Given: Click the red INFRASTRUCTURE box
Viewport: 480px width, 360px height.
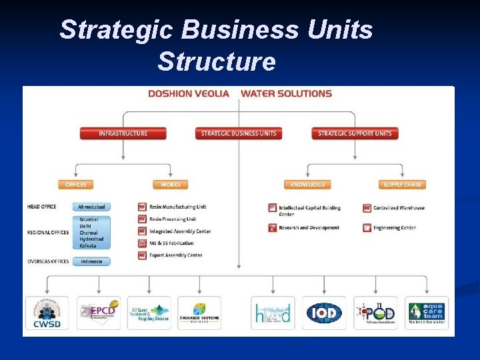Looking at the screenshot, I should pos(123,133).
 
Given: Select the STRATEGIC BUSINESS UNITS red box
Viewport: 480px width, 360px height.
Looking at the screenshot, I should pos(239,133).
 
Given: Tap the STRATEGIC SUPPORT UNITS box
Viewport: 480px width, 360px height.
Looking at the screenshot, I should pos(355,133).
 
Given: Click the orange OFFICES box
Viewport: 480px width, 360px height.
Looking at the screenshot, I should pos(75,185).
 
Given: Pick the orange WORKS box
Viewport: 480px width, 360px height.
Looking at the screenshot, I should pos(170,185).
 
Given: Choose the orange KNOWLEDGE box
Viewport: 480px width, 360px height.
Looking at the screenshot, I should pos(307,185).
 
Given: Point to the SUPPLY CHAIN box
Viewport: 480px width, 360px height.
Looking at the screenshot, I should pos(402,185).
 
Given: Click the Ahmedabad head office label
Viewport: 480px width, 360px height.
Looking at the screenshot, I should pos(91,207).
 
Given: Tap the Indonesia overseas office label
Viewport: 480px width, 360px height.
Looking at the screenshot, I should pos(91,261).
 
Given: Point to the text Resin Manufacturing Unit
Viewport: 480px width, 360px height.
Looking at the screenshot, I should pos(177,207).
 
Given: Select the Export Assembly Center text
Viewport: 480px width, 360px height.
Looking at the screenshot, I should pos(175,255).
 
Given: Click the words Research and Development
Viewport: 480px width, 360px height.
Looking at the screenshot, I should pos(309,228).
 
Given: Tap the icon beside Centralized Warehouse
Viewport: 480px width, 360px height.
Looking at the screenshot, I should pos(367,208).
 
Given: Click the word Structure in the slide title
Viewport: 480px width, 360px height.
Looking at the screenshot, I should pos(216,61).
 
